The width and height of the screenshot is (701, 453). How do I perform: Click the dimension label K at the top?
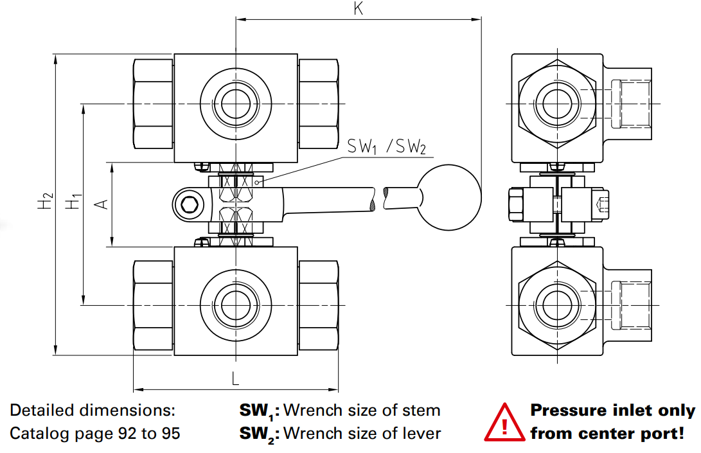coord(359,9)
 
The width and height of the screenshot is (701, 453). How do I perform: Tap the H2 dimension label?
coord(44,203)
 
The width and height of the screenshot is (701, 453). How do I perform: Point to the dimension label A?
coord(101,204)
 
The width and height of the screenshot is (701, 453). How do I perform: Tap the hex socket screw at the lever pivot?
coord(189,204)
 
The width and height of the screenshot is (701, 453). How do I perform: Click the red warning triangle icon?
coord(504,423)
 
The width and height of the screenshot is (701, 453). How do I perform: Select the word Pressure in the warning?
coord(567,411)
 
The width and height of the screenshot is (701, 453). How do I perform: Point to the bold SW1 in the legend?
coord(257,411)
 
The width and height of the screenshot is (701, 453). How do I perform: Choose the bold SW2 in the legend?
coord(258,434)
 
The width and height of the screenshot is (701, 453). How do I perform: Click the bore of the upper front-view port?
coord(235,103)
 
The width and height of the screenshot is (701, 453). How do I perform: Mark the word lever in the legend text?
coord(421,434)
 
